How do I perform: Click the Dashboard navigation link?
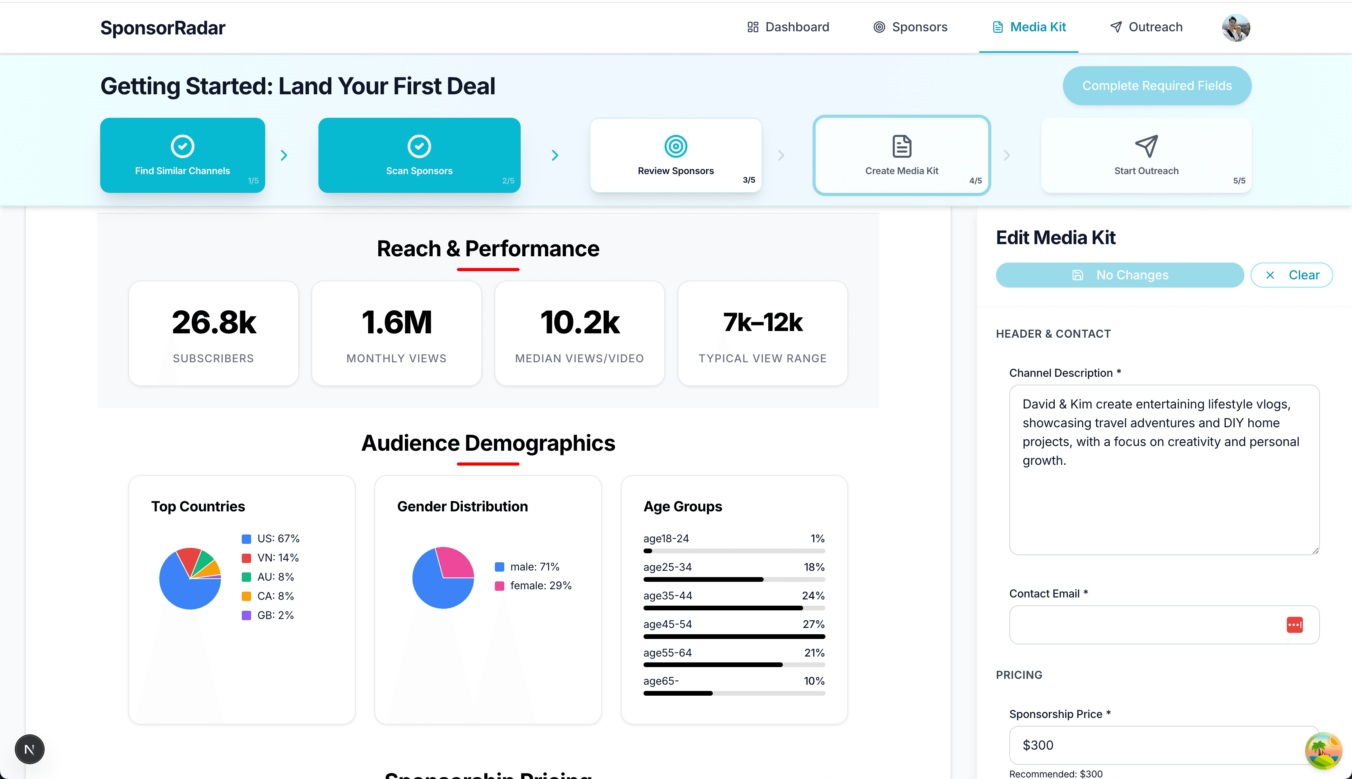pyautogui.click(x=788, y=27)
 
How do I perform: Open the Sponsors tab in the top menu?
pyautogui.click(x=910, y=27)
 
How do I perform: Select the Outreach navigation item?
pyautogui.click(x=1146, y=27)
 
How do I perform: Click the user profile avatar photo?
pyautogui.click(x=1235, y=28)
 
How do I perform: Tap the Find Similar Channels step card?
pyautogui.click(x=182, y=155)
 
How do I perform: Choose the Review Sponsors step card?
pyautogui.click(x=676, y=155)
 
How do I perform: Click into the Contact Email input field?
pyautogui.click(x=1145, y=624)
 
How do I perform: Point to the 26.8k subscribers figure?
pyautogui.click(x=214, y=323)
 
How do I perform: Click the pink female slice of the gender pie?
pyautogui.click(x=454, y=562)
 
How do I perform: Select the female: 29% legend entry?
pyautogui.click(x=540, y=585)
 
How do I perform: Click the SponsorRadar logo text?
pyautogui.click(x=163, y=28)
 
